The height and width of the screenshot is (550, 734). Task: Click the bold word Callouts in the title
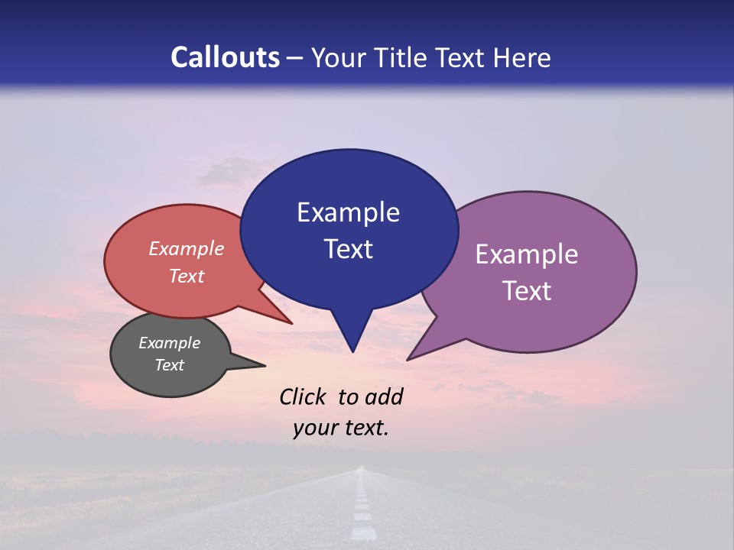pyautogui.click(x=225, y=57)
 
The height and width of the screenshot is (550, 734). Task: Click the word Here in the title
pyautogui.click(x=523, y=57)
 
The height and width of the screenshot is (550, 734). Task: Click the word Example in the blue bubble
pyautogui.click(x=348, y=212)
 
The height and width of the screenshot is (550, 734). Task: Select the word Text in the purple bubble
pyautogui.click(x=527, y=291)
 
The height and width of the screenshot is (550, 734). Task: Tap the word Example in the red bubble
pyautogui.click(x=186, y=248)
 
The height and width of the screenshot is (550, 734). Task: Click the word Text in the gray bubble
pyautogui.click(x=169, y=365)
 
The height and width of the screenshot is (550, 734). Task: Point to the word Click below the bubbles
pyautogui.click(x=302, y=396)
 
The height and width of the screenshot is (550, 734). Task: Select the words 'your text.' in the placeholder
pyautogui.click(x=340, y=428)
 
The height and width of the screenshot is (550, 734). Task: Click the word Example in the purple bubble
pyautogui.click(x=527, y=254)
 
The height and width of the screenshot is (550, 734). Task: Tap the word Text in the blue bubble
pyautogui.click(x=349, y=249)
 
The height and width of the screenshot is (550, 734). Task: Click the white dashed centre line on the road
pyautogui.click(x=362, y=512)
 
